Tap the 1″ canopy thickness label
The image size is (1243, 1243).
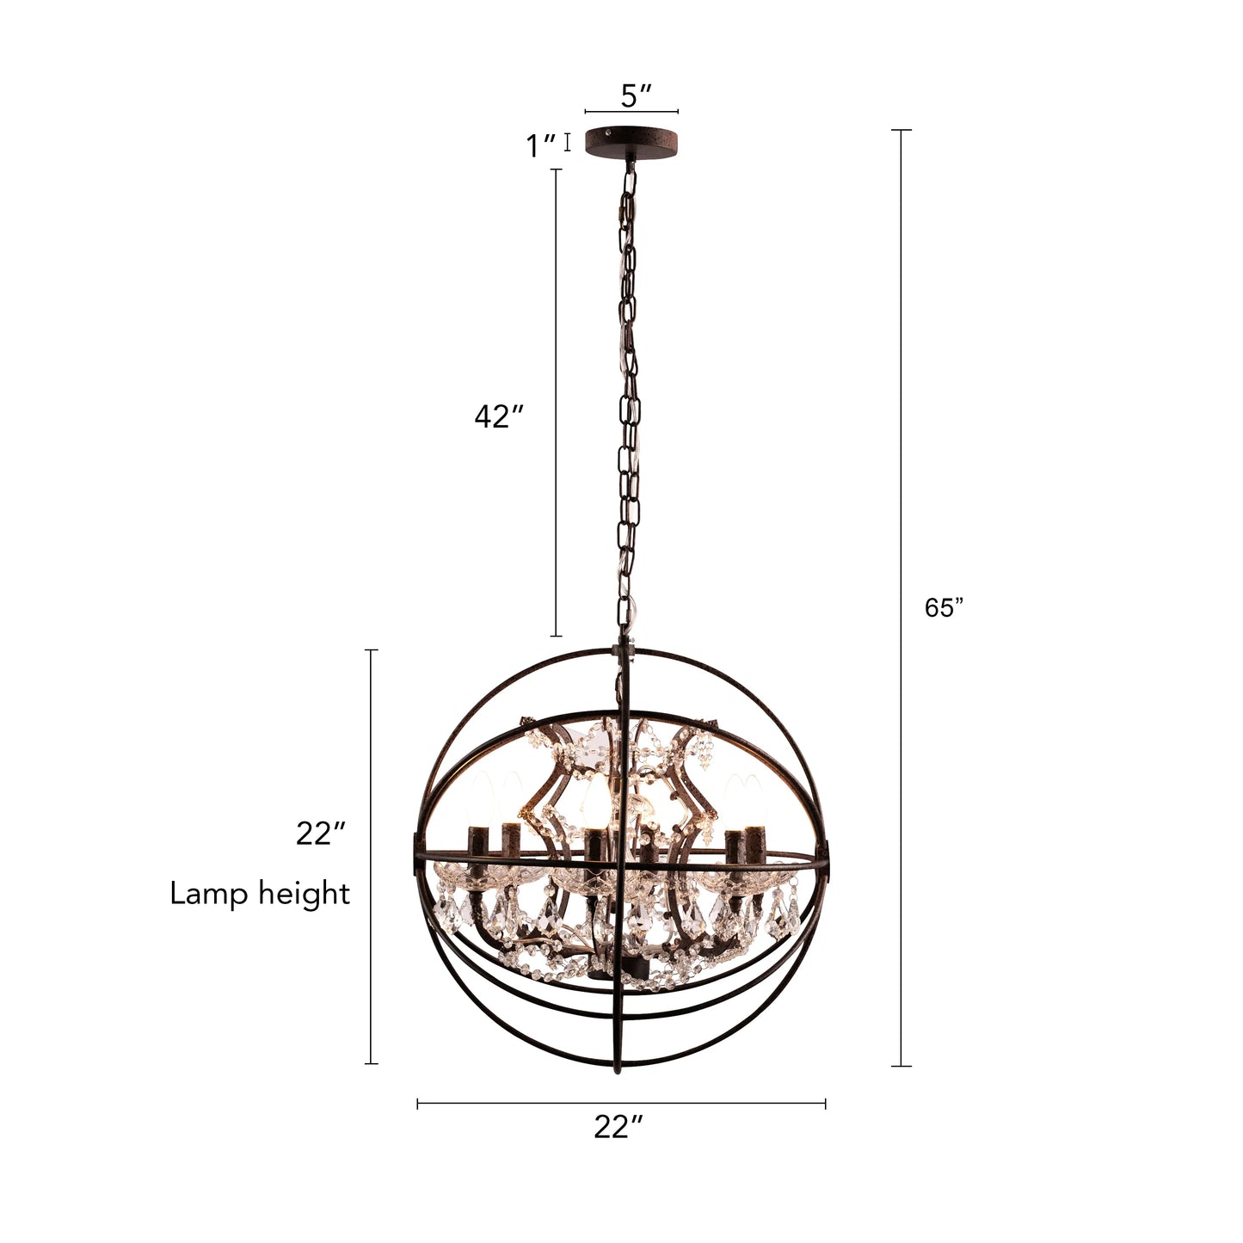(x=541, y=146)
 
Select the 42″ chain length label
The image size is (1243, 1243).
(x=499, y=417)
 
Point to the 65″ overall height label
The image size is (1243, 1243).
(x=944, y=608)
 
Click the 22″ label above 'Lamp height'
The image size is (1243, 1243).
(x=321, y=834)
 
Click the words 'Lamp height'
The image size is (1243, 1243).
(x=260, y=894)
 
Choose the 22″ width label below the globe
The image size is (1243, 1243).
(x=618, y=1127)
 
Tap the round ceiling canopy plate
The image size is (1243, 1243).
(x=631, y=142)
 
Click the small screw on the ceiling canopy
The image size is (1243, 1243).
(x=608, y=134)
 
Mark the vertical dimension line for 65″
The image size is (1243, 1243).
(x=901, y=598)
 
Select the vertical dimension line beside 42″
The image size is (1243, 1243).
(x=556, y=403)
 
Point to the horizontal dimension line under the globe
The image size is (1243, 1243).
(x=621, y=1104)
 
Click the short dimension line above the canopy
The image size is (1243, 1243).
(x=631, y=112)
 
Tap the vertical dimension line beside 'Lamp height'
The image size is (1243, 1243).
(x=372, y=856)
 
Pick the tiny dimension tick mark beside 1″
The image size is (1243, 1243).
(x=568, y=142)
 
